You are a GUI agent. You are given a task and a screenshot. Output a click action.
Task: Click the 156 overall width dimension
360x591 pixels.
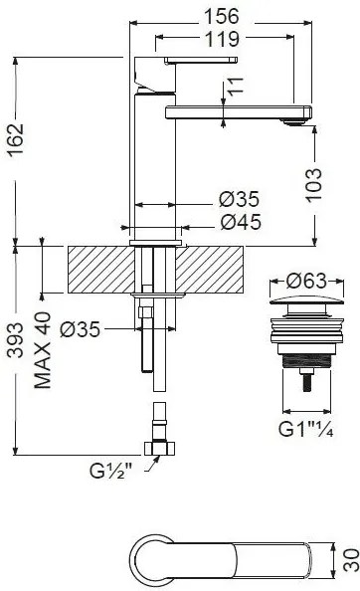pos(222,17)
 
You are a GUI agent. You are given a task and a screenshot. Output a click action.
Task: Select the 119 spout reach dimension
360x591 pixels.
pos(222,39)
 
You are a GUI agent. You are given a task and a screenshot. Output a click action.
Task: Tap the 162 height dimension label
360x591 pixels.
pos(16,139)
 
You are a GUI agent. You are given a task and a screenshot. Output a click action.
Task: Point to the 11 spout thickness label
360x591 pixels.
pos(236,87)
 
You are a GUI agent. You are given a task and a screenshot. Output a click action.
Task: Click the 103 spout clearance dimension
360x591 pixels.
pos(313,185)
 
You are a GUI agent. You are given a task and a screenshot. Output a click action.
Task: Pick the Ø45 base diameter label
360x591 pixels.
pos(241,222)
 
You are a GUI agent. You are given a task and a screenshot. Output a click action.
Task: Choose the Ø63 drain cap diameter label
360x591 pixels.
pos(306,281)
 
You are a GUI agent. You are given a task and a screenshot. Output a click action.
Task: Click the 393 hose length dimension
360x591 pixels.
pos(16,340)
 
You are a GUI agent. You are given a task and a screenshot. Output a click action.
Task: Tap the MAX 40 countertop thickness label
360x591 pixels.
pos(43,350)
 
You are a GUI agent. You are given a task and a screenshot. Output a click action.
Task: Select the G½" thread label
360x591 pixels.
pos(111,471)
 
